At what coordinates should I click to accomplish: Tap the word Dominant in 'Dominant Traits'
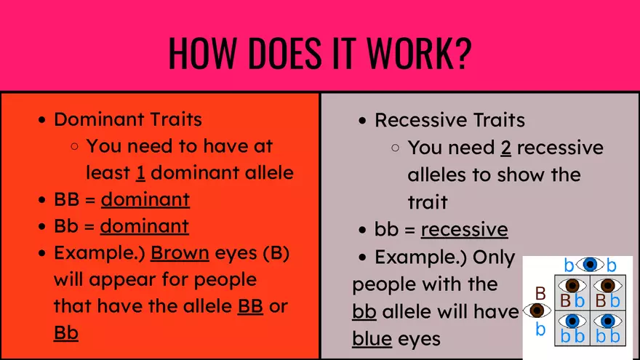point(100,119)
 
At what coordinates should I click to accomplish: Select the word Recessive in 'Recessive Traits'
point(421,120)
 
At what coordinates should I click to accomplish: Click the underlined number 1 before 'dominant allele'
point(140,173)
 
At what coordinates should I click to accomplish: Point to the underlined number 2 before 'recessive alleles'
point(506,148)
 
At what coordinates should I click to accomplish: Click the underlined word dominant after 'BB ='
point(145,199)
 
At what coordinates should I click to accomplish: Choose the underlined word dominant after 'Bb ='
point(144,226)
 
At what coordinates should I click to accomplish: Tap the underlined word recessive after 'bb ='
point(464,230)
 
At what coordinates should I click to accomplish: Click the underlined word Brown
point(180,253)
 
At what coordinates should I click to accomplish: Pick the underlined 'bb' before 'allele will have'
point(364,311)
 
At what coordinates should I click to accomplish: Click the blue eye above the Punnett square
point(590,265)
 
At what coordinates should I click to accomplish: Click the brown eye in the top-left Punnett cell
point(572,286)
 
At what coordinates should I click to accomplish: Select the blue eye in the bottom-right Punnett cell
point(607,321)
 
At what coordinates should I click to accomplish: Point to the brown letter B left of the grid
point(540,293)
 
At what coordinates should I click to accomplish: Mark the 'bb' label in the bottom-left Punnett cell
point(572,336)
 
